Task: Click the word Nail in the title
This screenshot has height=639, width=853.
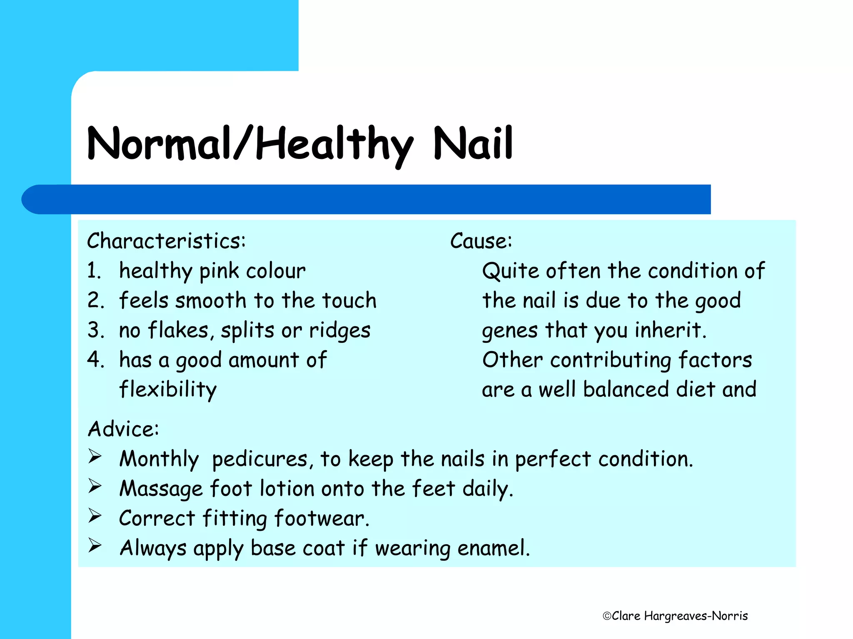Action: point(473,144)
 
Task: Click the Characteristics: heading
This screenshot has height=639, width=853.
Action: point(166,241)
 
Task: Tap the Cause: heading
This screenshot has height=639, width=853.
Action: point(481,241)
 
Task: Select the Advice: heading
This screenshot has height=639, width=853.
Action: point(123,429)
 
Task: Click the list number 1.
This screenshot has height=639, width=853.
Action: point(94,271)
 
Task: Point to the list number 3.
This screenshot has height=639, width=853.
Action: point(95,330)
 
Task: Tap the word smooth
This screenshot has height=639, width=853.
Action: point(211,300)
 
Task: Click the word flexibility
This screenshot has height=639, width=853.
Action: point(168,390)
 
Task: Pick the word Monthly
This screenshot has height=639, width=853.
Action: point(159,459)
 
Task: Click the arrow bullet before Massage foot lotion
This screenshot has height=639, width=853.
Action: point(95,486)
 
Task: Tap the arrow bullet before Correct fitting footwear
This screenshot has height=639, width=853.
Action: point(95,516)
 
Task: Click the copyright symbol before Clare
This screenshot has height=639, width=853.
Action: point(607,616)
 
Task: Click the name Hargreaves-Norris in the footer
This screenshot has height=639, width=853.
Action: point(696,616)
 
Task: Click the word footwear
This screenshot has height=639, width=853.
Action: point(322,518)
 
